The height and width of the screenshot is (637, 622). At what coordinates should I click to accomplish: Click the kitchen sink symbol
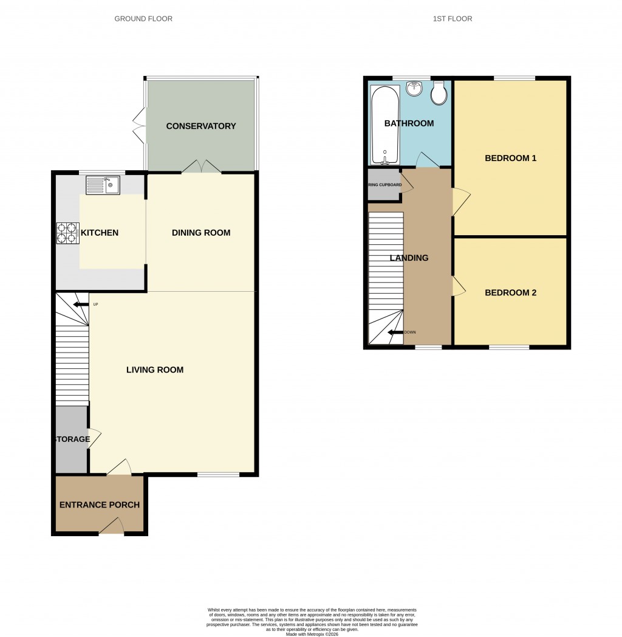103,184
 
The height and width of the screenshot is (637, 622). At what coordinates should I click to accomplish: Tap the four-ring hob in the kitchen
68,233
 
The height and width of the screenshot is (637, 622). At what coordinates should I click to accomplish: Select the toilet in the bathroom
439,93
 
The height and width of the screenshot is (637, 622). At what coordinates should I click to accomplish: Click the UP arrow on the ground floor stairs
80,305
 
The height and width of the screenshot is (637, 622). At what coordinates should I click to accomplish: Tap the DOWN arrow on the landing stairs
396,332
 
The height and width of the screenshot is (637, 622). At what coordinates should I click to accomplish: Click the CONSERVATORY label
200,126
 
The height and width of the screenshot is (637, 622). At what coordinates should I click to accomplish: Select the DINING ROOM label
201,233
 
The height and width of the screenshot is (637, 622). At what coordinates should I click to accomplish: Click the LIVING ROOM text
155,370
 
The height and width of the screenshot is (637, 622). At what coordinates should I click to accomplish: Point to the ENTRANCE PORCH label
100,505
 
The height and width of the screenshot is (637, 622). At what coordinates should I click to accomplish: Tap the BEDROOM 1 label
510,159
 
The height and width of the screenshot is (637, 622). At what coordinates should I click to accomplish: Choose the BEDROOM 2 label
510,292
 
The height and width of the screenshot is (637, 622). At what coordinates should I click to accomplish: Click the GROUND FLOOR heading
143,19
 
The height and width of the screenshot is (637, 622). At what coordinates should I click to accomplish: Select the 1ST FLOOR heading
453,19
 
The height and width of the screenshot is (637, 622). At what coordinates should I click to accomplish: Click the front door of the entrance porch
112,527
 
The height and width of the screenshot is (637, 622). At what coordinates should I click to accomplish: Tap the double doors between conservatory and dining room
201,167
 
